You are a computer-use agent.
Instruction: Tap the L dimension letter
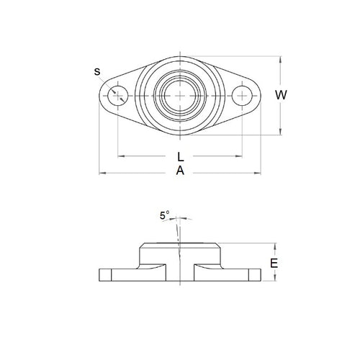(x=180, y=156)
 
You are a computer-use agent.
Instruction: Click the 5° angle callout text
(x=165, y=215)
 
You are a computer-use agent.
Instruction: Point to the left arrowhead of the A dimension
(x=101, y=173)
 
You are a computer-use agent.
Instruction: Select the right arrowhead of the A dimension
(x=259, y=173)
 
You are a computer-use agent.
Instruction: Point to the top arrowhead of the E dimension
(x=275, y=245)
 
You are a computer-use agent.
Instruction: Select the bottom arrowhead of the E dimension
(x=275, y=282)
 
